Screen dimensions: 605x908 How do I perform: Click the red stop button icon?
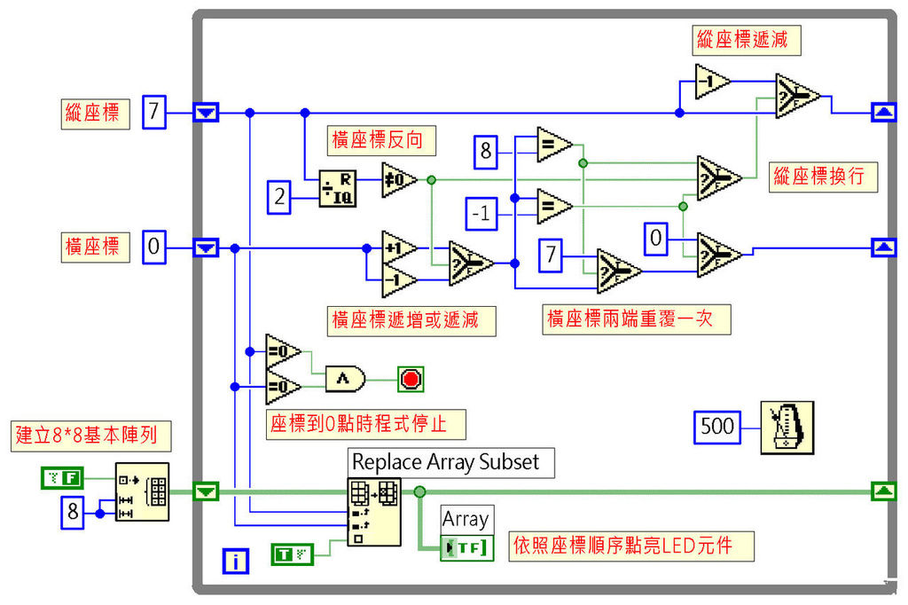411,380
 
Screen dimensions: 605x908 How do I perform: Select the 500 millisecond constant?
717,427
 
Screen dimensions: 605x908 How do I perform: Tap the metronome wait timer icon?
787,427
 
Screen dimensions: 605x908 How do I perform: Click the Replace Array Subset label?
450,461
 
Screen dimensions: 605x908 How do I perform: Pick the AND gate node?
345,380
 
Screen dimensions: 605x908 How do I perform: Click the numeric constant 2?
280,196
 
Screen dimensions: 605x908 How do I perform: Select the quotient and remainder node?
337,188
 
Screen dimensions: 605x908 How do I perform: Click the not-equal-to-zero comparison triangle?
397,179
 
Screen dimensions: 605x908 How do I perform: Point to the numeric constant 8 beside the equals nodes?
486,151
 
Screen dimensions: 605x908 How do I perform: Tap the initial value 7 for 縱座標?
153,113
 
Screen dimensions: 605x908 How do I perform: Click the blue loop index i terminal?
236,560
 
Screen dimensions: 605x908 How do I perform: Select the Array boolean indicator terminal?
466,547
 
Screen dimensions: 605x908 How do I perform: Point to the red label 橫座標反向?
384,139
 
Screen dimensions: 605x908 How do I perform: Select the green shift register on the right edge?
884,490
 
